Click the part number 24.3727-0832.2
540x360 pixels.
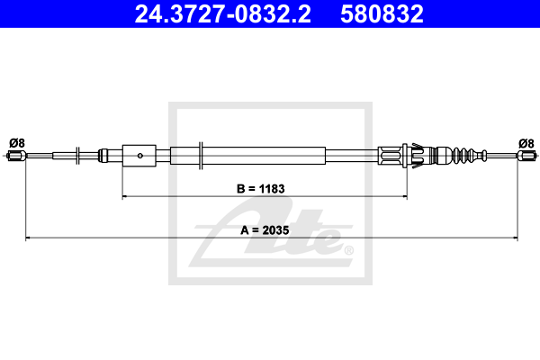point(222,13)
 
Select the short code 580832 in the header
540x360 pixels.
point(382,13)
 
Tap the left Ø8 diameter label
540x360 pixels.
point(17,143)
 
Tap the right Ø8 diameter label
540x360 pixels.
point(526,143)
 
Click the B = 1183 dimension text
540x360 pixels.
point(261,189)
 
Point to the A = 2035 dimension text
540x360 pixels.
point(265,230)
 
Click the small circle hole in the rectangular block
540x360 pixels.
point(140,156)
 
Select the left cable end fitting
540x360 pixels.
point(16,156)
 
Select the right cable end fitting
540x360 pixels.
point(526,156)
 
